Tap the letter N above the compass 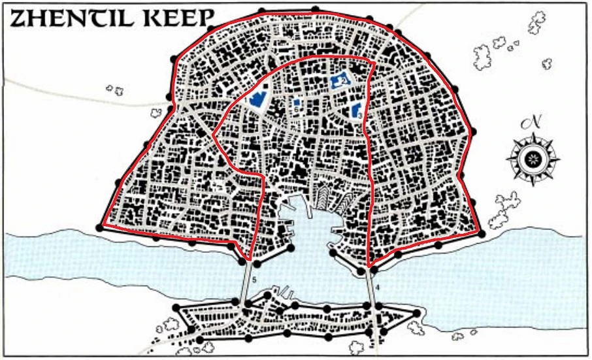(534, 123)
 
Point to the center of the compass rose (534, 159)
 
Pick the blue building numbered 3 (357, 110)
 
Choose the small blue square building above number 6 (297, 103)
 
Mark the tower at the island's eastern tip (416, 314)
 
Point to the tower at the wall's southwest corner (99, 227)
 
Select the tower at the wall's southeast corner (482, 233)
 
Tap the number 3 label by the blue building (360, 116)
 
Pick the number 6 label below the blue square (296, 111)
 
